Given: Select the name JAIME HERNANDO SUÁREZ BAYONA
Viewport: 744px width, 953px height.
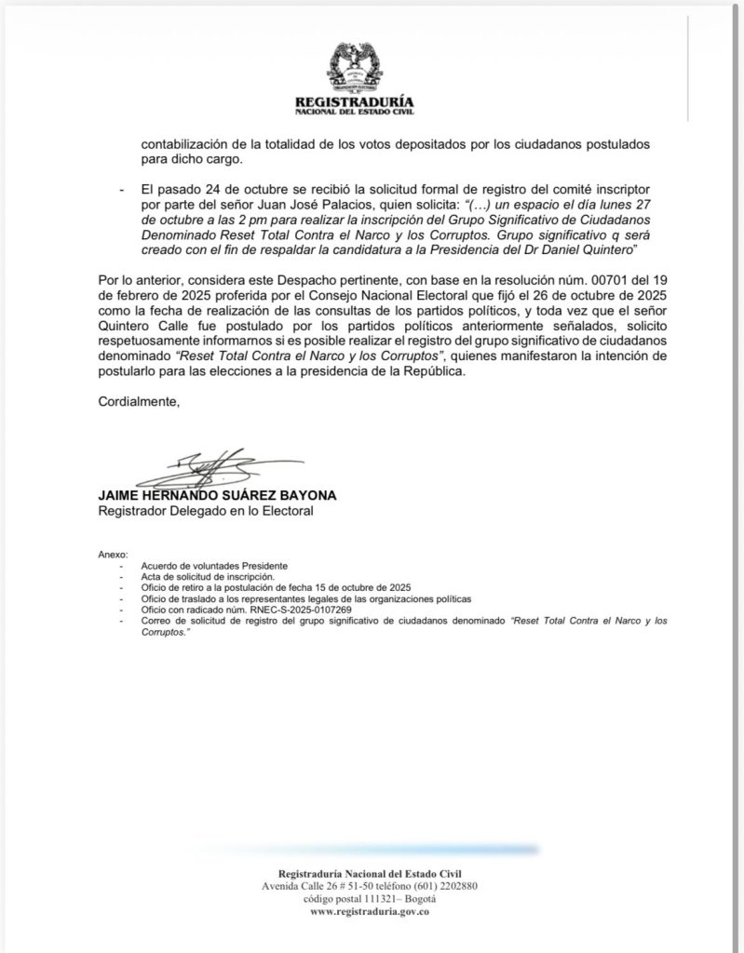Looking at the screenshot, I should point(218,495).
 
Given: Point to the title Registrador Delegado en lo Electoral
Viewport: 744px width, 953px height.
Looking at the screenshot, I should point(206,511).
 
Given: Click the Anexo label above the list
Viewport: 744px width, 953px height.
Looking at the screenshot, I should point(111,554).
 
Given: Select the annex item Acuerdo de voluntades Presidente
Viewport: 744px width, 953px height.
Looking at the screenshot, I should point(213,566).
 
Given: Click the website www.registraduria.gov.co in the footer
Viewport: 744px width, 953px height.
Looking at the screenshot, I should point(370,913).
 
